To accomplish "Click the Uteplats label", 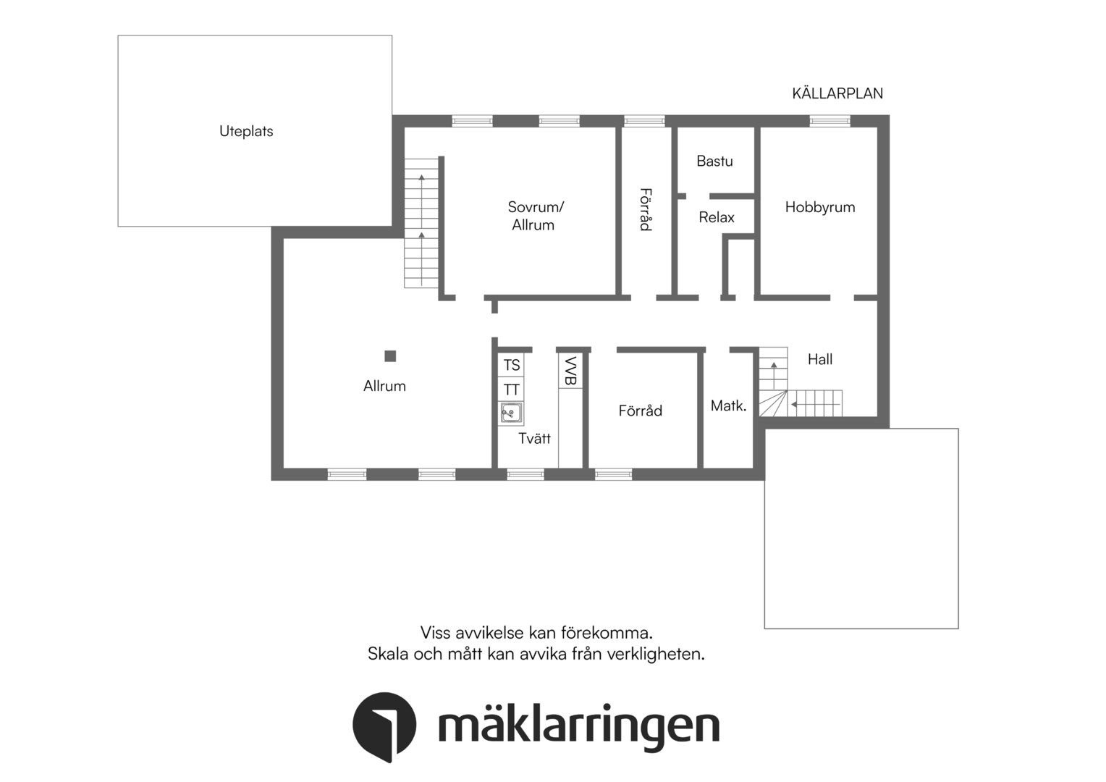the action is (246, 131).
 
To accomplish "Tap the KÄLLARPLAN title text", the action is (837, 93).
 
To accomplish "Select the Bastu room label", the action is (714, 161).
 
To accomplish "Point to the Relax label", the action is (717, 217).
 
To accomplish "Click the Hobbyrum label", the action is (820, 207).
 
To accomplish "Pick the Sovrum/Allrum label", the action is (535, 216).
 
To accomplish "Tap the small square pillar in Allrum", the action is (390, 356).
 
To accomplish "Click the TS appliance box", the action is (511, 365).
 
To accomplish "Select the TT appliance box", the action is (511, 390).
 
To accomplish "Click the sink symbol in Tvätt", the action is (511, 413).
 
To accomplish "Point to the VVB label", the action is (570, 371).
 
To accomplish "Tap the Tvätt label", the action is (534, 439).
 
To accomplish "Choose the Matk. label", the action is (728, 406).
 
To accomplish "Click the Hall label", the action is (820, 359).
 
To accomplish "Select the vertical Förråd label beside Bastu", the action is (646, 209).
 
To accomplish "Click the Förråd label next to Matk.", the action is (641, 411).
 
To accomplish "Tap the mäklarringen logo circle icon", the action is (384, 726).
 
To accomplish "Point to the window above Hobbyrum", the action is (829, 121).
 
